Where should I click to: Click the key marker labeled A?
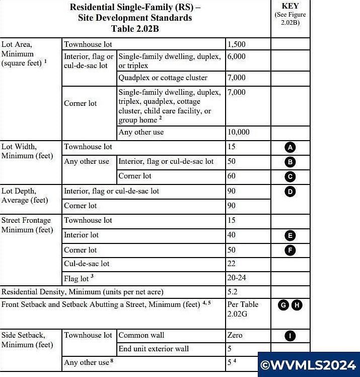pyautogui.click(x=290, y=148)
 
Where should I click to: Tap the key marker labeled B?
pyautogui.click(x=290, y=162)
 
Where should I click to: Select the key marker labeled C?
pyautogui.click(x=290, y=177)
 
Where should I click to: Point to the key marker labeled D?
pyautogui.click(x=290, y=192)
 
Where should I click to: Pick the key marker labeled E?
pyautogui.click(x=290, y=235)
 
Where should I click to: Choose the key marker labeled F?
pyautogui.click(x=290, y=250)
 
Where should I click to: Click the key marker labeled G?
pyautogui.click(x=283, y=305)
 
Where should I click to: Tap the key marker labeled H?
pyautogui.click(x=297, y=305)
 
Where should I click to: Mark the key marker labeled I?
pyautogui.click(x=290, y=336)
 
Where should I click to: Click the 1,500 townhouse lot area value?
pyautogui.click(x=236, y=44)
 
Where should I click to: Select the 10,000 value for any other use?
pyautogui.click(x=239, y=133)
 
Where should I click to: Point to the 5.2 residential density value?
pyautogui.click(x=233, y=291)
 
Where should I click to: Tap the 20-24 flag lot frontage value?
pyautogui.click(x=237, y=278)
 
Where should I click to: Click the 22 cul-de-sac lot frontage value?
pyautogui.click(x=232, y=264)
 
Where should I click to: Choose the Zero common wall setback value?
pyautogui.click(x=235, y=335)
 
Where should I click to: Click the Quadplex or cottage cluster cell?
pyautogui.click(x=163, y=78)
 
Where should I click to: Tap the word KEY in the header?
pyautogui.click(x=291, y=6)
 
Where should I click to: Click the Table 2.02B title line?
pyautogui.click(x=130, y=28)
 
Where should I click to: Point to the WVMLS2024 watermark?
pyautogui.click(x=309, y=364)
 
